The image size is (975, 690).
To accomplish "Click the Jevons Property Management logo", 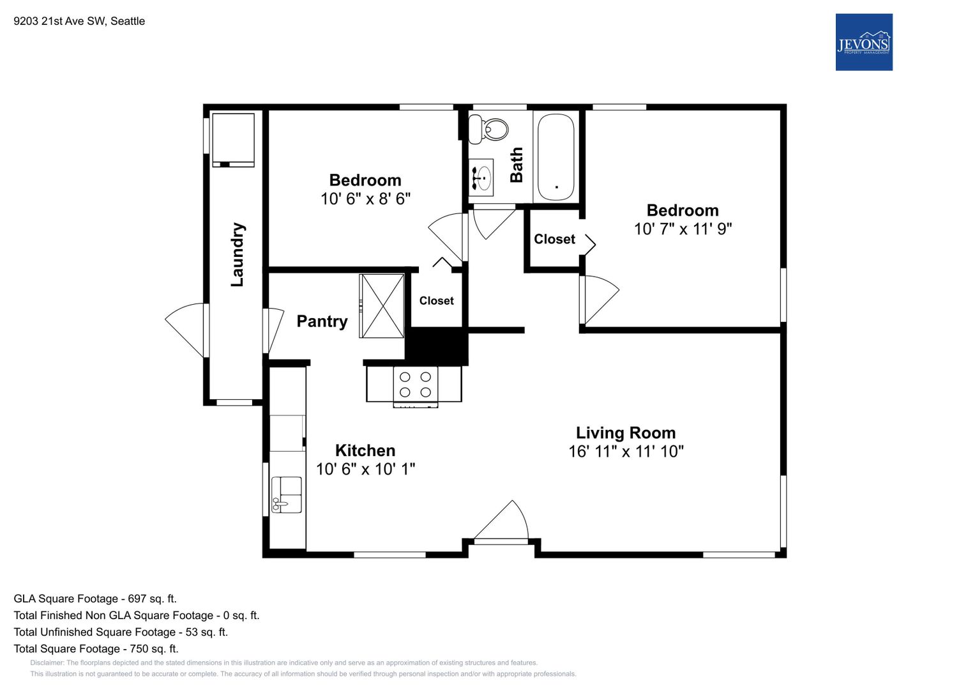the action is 863,42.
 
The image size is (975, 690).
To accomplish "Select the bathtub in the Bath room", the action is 556,157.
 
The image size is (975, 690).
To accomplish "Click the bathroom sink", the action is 481,178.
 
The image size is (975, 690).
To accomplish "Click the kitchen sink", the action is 287,494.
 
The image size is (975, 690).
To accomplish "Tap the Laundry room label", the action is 238,255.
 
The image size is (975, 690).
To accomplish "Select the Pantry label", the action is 322,321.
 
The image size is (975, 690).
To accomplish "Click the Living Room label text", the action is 626,433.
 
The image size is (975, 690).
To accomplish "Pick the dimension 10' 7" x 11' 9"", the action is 683,229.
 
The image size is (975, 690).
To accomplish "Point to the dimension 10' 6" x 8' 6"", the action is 366,199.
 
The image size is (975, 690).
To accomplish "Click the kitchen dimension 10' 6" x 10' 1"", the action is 366,469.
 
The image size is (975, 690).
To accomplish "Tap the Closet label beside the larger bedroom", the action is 554,239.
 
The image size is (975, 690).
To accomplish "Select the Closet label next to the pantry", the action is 436,300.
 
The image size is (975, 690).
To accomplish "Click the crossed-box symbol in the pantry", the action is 382,306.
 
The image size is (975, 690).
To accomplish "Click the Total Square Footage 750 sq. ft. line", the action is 96,648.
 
